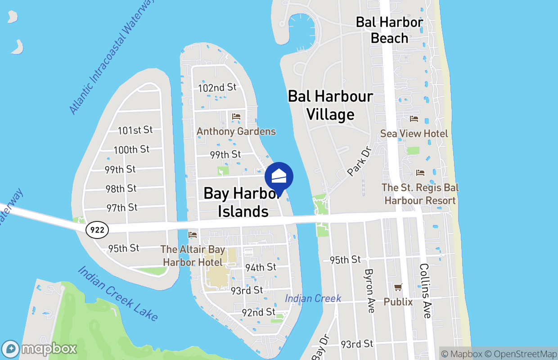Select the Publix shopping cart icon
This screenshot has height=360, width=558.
[x=398, y=287]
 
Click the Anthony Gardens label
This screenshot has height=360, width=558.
[x=236, y=131]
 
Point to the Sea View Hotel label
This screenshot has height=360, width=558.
[x=414, y=134]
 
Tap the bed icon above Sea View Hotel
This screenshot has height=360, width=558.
[x=414, y=119]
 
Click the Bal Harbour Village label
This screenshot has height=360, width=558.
[x=330, y=105]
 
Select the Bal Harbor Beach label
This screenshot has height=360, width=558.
[x=390, y=30]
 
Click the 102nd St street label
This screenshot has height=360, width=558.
[x=217, y=87]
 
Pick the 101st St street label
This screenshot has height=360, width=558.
[x=135, y=130]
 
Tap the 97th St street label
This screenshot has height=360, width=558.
[x=122, y=208]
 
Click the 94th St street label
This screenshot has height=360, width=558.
[x=261, y=267]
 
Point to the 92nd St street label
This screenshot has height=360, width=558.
[x=258, y=312]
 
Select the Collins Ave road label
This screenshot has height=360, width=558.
[x=425, y=291]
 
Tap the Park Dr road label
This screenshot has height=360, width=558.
[x=360, y=161]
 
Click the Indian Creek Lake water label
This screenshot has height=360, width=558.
[x=118, y=293]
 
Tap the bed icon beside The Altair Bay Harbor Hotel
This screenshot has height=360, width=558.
[x=193, y=235]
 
